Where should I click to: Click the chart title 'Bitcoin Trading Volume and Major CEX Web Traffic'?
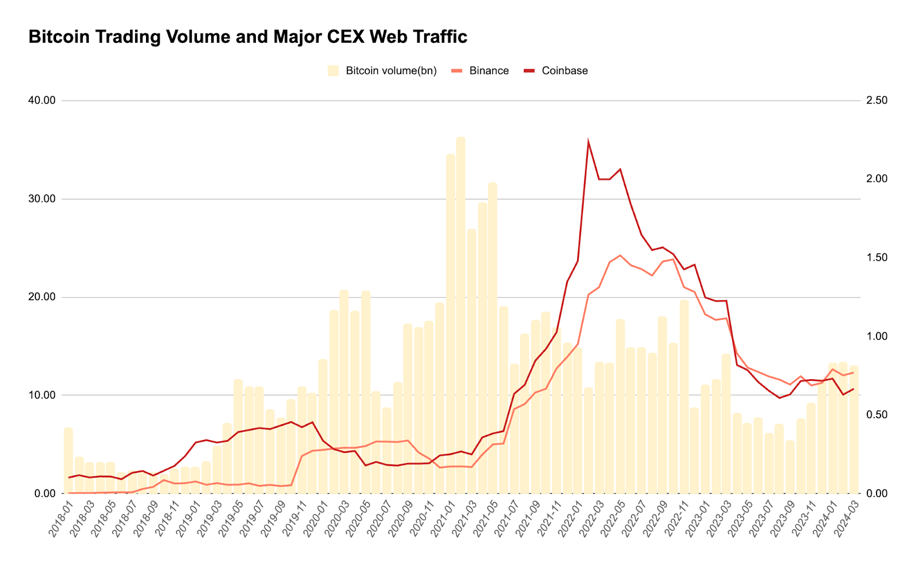tap(247, 37)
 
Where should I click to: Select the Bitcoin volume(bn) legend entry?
tap(382, 71)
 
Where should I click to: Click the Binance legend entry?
tap(480, 71)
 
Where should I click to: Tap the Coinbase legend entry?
tap(556, 71)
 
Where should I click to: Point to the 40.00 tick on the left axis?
tap(42, 101)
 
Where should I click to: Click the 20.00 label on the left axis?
tap(42, 297)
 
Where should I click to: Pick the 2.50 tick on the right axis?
tap(876, 101)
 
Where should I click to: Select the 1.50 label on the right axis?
tap(876, 258)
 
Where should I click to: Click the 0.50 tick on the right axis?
tap(876, 415)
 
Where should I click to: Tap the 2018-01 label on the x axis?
tap(61, 518)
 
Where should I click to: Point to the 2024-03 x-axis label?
tap(847, 518)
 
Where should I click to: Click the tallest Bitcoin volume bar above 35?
tap(461, 315)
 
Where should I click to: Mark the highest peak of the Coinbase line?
tap(588, 141)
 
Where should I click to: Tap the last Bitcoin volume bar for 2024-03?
tap(854, 429)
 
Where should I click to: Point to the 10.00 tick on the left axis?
tap(42, 396)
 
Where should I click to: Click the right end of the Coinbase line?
tap(854, 389)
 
